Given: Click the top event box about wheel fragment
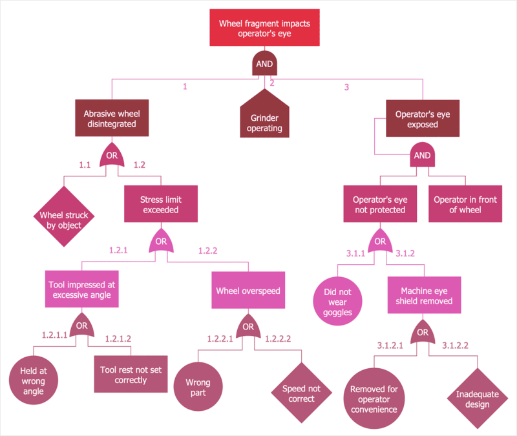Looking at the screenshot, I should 264,28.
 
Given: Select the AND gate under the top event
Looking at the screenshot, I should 264,64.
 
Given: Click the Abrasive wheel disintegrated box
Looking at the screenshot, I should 112,118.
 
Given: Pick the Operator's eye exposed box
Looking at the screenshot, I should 423,118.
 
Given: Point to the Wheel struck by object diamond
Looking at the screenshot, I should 61,216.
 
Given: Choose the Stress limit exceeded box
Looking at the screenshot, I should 160,205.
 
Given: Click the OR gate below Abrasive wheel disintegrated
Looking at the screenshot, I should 112,155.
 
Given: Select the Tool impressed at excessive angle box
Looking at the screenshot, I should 81,289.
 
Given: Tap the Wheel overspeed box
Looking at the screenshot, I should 248,290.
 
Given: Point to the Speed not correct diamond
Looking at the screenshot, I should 301,393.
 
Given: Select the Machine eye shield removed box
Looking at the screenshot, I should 423,296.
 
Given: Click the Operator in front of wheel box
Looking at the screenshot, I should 465,205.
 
